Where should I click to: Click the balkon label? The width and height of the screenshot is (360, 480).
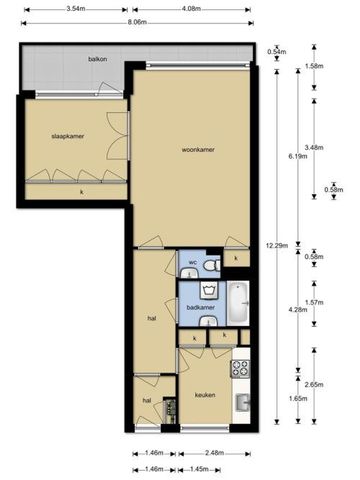97,60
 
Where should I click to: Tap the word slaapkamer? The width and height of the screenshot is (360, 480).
69,135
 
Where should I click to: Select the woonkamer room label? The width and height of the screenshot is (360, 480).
198,150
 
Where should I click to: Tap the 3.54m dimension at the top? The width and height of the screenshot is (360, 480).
69,9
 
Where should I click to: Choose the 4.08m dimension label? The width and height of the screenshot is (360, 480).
195,9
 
